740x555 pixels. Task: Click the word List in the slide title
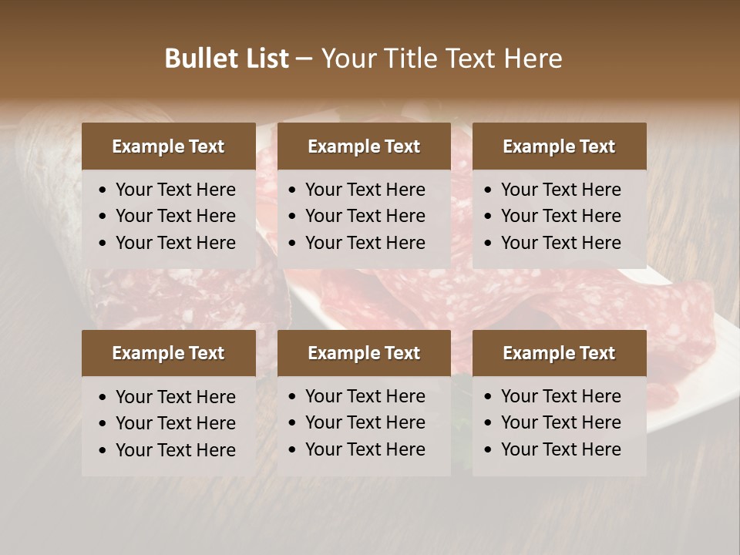click(264, 59)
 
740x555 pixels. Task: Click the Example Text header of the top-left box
click(168, 146)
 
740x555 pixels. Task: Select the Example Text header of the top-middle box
click(364, 146)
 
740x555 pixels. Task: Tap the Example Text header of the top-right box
click(559, 146)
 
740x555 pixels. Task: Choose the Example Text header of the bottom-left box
click(168, 353)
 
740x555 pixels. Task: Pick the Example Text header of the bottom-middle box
click(364, 353)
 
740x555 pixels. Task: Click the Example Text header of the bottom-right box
click(559, 353)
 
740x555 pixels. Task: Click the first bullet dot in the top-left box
click(103, 190)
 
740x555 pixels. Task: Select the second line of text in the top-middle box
click(365, 216)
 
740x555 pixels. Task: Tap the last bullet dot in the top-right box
click(488, 244)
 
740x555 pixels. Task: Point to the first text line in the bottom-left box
click(175, 397)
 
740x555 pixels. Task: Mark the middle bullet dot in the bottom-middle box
click(293, 423)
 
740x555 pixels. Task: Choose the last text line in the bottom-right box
click(560, 449)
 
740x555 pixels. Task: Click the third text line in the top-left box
click(175, 243)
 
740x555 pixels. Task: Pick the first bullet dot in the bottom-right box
click(488, 397)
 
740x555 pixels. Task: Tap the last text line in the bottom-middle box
click(365, 449)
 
